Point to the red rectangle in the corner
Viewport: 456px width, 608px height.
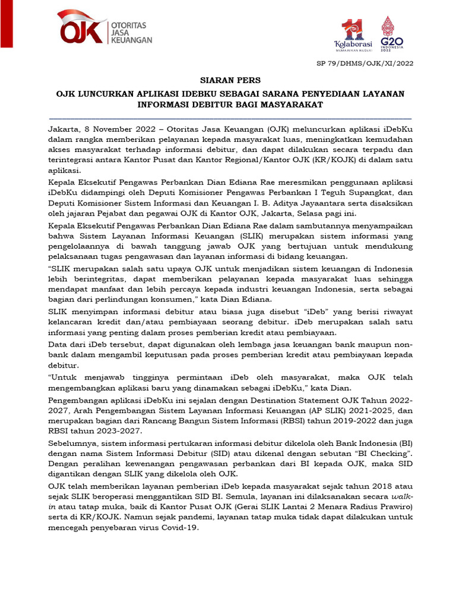click(x=6, y=24)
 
